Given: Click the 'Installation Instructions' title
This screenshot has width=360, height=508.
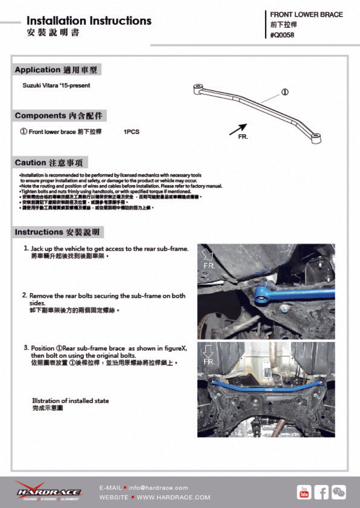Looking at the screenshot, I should [89, 21].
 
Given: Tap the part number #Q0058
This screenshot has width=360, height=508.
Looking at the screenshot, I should [282, 35].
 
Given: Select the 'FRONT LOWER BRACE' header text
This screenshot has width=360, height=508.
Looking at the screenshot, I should [306, 15].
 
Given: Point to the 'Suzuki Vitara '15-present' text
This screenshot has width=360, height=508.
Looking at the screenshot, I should [56, 86].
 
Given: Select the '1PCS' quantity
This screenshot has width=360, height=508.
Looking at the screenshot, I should [132, 132].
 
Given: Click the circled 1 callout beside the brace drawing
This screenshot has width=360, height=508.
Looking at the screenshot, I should [284, 92].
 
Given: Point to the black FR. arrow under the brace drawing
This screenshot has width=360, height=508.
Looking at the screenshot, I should [238, 129].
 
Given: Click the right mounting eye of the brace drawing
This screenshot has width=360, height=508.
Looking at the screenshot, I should [316, 138].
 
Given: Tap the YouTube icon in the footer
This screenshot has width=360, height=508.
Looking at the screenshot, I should [304, 492].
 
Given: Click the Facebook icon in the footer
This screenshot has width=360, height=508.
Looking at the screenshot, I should [321, 492].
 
